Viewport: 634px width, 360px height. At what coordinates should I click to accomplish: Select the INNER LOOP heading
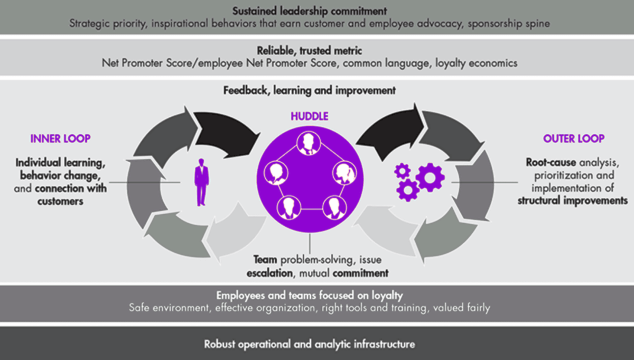[61, 139]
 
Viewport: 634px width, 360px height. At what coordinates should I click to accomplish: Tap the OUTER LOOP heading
[573, 139]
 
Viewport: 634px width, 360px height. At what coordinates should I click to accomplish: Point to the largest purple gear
[430, 177]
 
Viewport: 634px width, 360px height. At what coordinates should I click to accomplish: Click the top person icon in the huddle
[307, 143]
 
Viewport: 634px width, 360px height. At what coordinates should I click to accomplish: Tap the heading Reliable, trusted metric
[309, 51]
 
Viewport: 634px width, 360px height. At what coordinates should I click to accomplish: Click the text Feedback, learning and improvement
[309, 90]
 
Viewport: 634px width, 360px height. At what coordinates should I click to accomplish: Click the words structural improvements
[573, 200]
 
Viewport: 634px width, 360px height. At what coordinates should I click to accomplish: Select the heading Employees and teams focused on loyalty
[310, 296]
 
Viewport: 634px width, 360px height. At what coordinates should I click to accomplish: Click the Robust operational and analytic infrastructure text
[310, 344]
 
